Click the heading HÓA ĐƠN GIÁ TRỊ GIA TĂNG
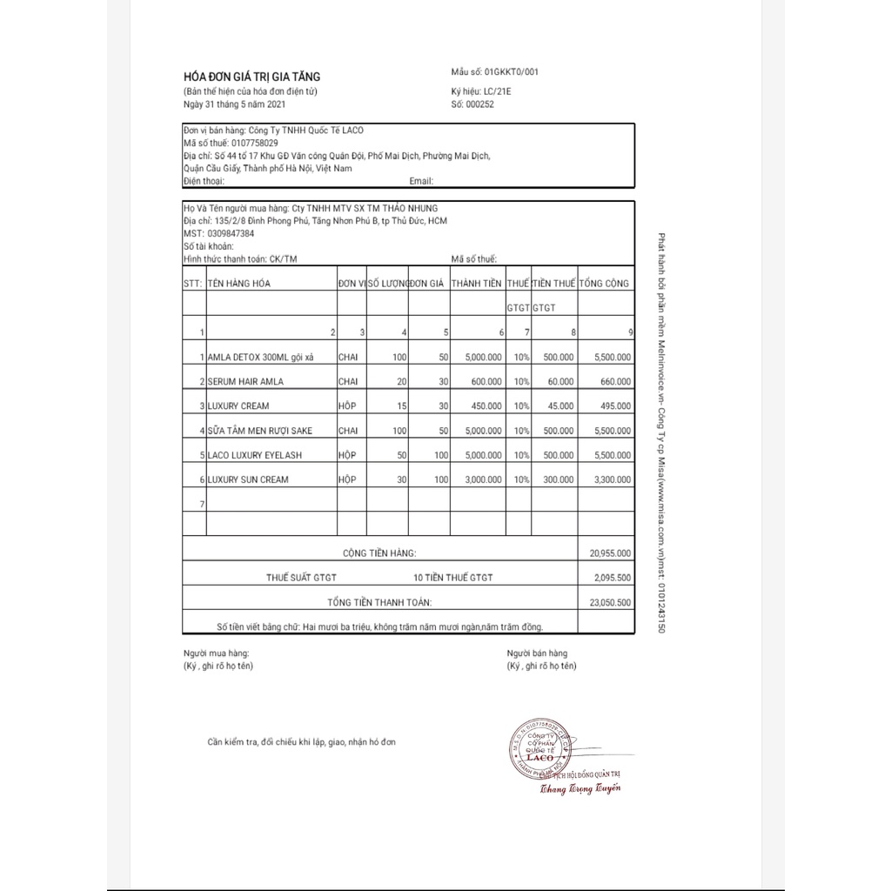coord(251,77)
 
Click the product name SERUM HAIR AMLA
coord(245,381)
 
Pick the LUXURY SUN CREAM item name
coord(248,479)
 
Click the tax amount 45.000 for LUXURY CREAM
coord(559,405)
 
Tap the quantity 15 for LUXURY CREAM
coord(400,405)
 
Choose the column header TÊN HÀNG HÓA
coord(239,284)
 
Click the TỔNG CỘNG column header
coord(606,284)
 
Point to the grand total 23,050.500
coord(611,601)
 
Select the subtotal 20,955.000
coord(611,553)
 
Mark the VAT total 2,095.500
coord(613,577)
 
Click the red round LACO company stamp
coord(538,749)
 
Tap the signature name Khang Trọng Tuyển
coord(579,789)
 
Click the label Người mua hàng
coord(217,653)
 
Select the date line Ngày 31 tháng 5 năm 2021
coord(235,104)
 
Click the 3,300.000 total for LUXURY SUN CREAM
coord(612,479)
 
